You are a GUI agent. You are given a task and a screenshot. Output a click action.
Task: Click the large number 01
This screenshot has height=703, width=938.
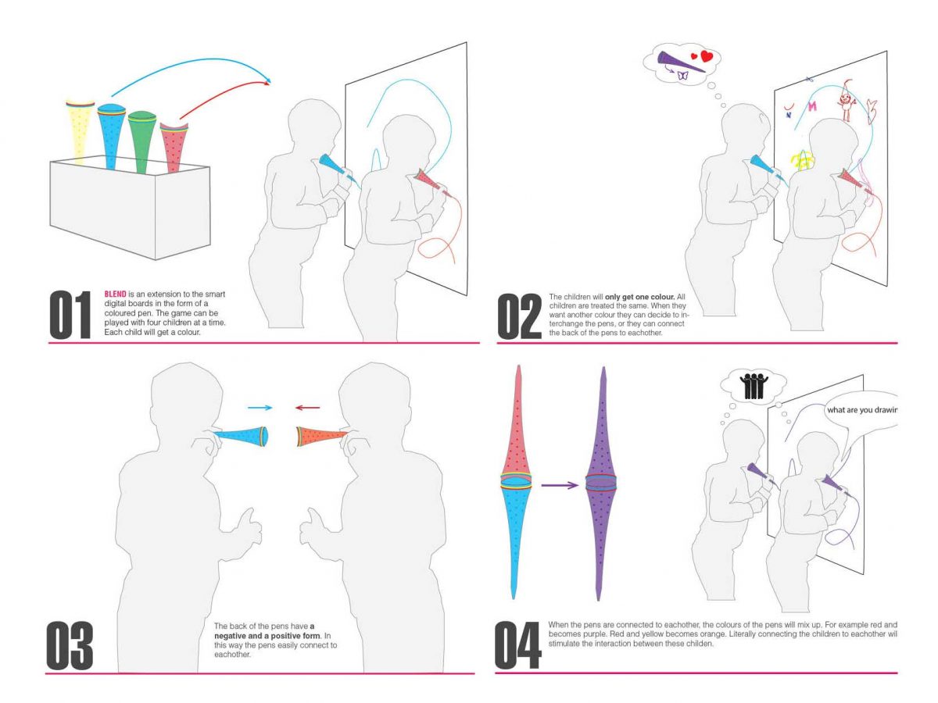(x=71, y=315)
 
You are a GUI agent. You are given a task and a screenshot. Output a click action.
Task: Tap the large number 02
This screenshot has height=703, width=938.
(x=519, y=316)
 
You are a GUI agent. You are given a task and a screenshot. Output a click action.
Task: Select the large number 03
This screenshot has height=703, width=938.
(x=70, y=645)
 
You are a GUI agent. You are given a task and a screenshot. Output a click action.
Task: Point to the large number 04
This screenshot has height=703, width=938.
(x=518, y=645)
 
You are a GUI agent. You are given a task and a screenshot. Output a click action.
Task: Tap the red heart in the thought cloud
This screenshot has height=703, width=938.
(x=706, y=56)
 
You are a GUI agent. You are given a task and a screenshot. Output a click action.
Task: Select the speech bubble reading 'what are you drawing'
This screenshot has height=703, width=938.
(x=860, y=410)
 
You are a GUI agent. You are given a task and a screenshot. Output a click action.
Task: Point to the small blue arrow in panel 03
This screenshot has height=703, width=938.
(x=260, y=407)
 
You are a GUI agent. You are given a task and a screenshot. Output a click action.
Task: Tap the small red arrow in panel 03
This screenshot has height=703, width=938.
(x=307, y=407)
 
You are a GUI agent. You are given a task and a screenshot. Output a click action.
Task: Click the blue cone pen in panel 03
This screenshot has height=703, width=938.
(x=245, y=435)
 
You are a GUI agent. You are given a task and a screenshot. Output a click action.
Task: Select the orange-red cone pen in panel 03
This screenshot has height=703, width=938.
(x=320, y=437)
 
